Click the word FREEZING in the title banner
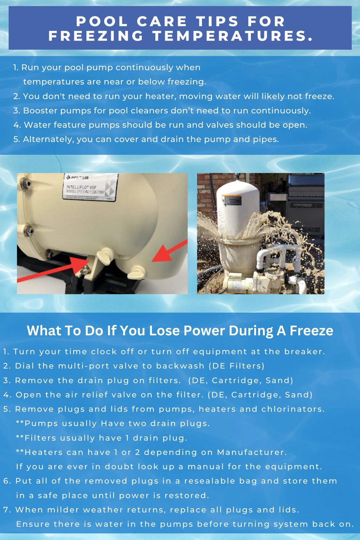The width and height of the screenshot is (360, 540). click(96, 36)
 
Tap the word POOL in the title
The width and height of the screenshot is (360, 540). click(102, 21)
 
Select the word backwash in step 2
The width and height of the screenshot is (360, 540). click(180, 366)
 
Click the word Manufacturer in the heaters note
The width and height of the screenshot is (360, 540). click(252, 452)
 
